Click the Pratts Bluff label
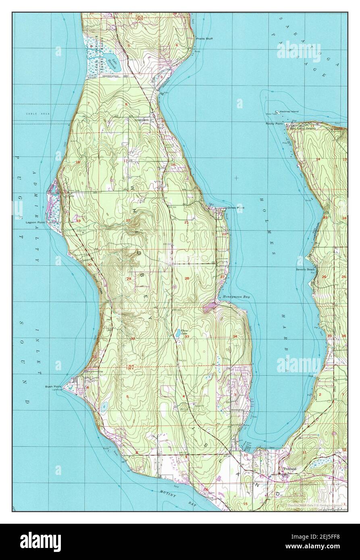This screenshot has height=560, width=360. pyautogui.click(x=204, y=39)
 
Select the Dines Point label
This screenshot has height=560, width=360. pyautogui.click(x=236, y=208)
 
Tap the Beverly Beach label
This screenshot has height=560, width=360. pyautogui.click(x=305, y=269)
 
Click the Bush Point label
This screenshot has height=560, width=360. pyautogui.click(x=54, y=386)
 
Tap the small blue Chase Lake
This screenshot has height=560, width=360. pyautogui.click(x=178, y=333)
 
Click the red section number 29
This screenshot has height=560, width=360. pyautogui.click(x=129, y=279)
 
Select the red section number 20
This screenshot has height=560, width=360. pyautogui.click(x=128, y=220)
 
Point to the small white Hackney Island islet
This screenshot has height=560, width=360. pyautogui.click(x=277, y=112)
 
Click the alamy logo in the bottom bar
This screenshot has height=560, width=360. pyautogui.click(x=40, y=542)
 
